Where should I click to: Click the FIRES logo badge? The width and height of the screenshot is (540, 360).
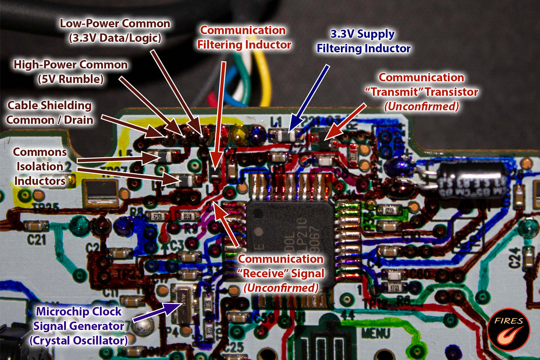(509, 330)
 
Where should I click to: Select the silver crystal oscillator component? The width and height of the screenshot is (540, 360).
(184, 304)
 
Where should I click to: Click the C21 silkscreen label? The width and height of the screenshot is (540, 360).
(36, 240)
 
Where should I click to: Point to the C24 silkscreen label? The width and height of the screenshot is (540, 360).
(514, 258)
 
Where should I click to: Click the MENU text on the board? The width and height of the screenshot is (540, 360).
(376, 333)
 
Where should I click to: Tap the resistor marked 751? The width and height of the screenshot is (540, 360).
(157, 216)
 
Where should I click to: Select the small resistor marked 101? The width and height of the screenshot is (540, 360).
(186, 216)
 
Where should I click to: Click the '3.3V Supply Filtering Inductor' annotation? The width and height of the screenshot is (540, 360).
(363, 41)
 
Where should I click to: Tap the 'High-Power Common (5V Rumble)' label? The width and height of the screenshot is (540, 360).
(71, 72)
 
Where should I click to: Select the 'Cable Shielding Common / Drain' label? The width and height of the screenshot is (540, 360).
(50, 112)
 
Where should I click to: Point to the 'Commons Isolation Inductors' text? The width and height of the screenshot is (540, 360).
(40, 166)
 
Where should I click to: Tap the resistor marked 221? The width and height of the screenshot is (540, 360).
(395, 288)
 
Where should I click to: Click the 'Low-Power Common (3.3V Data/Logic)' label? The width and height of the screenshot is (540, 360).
(115, 30)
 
